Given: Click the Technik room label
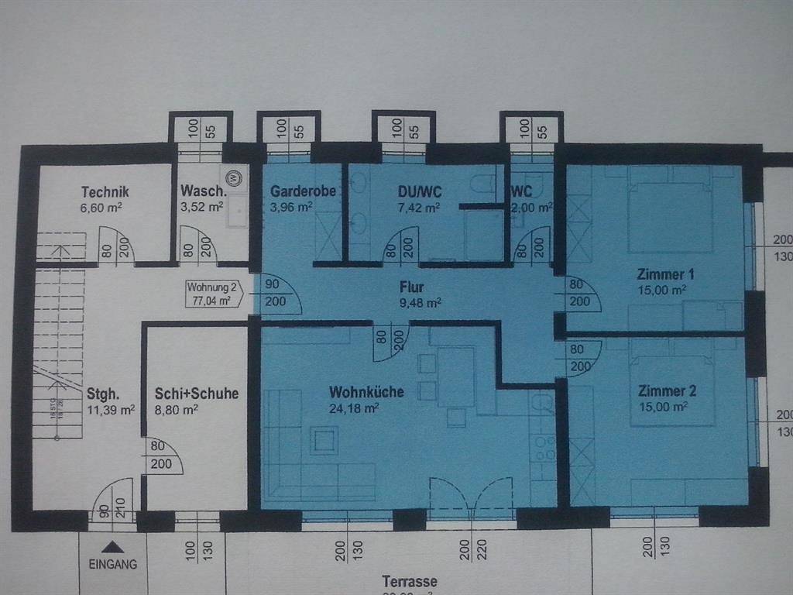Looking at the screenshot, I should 105,192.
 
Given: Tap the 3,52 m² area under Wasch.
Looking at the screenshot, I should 202,207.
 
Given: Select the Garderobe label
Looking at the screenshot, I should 303,191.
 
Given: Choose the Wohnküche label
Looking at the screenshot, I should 366,392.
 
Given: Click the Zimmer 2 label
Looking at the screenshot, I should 662,391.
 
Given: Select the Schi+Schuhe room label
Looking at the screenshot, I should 197,394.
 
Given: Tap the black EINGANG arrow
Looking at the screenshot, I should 112,547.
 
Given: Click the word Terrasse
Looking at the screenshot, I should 410,581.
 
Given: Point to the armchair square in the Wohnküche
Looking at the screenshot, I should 323,440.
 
